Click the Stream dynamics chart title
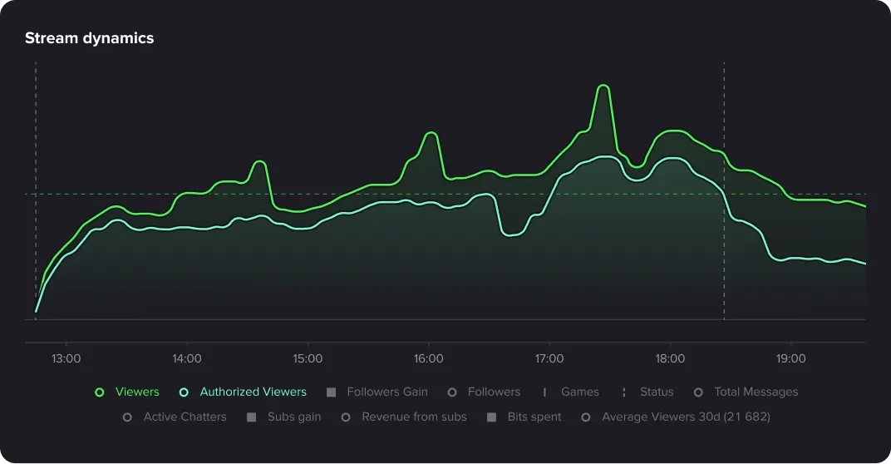point(89,38)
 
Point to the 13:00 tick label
point(66,358)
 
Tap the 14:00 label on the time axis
point(187,358)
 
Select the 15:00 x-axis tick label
point(308,358)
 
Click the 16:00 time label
point(428,358)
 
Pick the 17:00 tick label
point(549,358)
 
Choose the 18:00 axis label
point(670,358)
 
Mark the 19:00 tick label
point(790,358)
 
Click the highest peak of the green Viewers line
point(603,86)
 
